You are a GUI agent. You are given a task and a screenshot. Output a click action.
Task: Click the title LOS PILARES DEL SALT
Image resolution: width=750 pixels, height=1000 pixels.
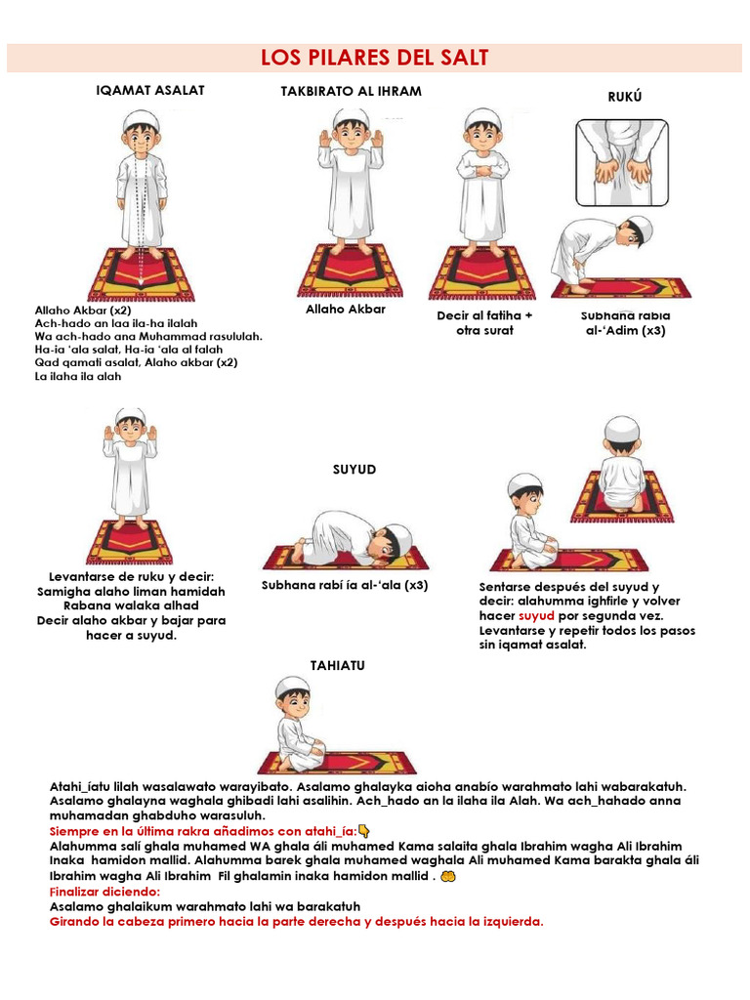click(x=375, y=59)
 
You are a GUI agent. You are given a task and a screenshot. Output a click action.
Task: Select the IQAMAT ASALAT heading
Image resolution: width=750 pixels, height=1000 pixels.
click(x=149, y=90)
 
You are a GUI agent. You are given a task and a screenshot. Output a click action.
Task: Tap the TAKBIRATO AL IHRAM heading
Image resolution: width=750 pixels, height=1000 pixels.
click(x=351, y=91)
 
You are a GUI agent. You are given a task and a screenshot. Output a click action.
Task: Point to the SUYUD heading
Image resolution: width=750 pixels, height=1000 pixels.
click(x=354, y=470)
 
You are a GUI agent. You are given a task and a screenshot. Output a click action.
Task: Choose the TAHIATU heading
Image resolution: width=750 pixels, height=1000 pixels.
click(x=337, y=665)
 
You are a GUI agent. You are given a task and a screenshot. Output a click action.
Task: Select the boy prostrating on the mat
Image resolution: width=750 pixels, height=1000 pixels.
click(x=352, y=542)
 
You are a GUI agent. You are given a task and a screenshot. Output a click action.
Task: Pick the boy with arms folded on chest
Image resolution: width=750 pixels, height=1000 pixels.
click(x=482, y=181)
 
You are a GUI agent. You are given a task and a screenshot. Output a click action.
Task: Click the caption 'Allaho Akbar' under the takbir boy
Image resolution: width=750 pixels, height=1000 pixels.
click(x=346, y=309)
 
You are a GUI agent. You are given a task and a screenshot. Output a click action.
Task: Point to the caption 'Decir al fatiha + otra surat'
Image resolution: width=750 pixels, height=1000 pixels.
click(x=484, y=323)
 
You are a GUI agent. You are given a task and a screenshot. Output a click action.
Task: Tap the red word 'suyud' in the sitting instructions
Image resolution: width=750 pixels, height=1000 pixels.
click(x=536, y=616)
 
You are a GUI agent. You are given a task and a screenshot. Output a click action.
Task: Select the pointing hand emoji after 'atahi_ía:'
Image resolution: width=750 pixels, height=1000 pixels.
click(x=363, y=831)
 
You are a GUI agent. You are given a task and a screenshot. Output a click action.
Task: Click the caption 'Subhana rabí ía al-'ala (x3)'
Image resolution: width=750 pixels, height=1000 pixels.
click(x=345, y=586)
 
